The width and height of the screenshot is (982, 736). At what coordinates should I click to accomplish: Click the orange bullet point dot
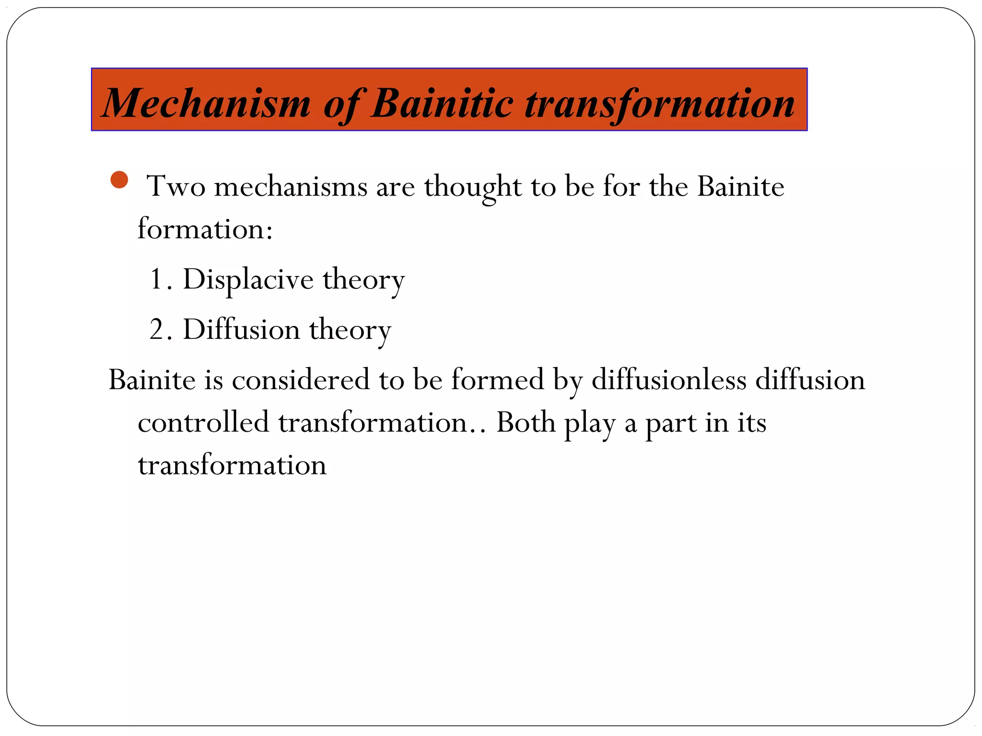tap(119, 180)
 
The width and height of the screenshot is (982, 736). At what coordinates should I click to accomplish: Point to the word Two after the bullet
tap(176, 186)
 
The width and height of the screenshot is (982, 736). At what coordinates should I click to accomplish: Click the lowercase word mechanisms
tap(290, 186)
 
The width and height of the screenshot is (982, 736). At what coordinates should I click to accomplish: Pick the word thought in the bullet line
tap(472, 187)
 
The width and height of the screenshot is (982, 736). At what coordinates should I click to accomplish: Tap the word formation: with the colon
tap(205, 229)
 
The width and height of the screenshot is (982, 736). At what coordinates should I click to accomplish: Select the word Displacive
tap(248, 279)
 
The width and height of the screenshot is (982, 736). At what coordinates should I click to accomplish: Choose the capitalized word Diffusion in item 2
tap(241, 330)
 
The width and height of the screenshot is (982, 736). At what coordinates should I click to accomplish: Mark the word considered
tap(301, 380)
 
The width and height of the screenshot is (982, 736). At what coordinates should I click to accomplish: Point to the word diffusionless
tap(669, 380)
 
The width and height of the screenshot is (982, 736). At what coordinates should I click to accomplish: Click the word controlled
tap(203, 423)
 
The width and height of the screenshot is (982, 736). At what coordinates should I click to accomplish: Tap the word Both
tap(526, 423)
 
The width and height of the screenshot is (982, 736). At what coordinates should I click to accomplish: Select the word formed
tap(497, 380)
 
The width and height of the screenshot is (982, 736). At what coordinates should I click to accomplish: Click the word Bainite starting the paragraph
tap(152, 380)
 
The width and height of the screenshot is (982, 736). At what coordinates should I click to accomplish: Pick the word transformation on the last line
tap(232, 465)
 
